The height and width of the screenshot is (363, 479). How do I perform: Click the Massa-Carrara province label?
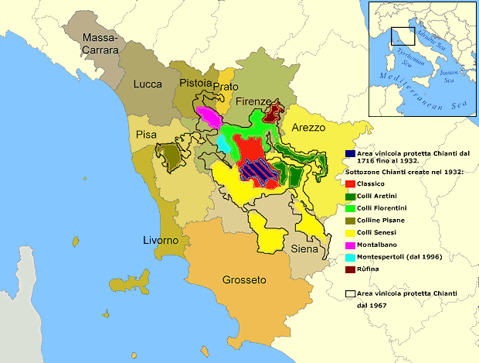[100, 43]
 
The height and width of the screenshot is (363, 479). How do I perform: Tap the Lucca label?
[147, 84]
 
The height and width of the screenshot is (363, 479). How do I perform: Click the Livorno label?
[161, 241]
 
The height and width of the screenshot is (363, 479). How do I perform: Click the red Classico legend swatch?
[350, 184]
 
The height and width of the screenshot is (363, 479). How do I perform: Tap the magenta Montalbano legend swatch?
[350, 244]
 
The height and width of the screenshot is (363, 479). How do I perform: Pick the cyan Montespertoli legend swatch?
[350, 256]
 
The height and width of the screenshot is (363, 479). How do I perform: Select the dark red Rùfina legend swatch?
[350, 269]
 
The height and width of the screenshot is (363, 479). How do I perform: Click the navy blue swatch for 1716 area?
[350, 153]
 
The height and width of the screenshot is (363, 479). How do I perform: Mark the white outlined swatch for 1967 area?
[350, 293]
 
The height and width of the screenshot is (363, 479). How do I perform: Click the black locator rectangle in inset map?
[403, 37]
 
